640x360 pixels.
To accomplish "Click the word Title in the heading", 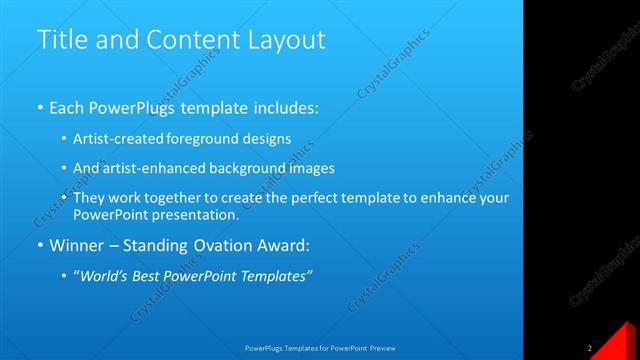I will [x=61, y=40].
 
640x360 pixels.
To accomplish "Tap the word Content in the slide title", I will [x=197, y=40].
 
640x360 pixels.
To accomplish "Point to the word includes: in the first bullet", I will [x=285, y=105].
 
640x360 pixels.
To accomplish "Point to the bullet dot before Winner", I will [x=40, y=245].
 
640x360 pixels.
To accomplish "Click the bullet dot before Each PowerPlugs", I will [x=40, y=105].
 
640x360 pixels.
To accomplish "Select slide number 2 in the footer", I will [x=591, y=348].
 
